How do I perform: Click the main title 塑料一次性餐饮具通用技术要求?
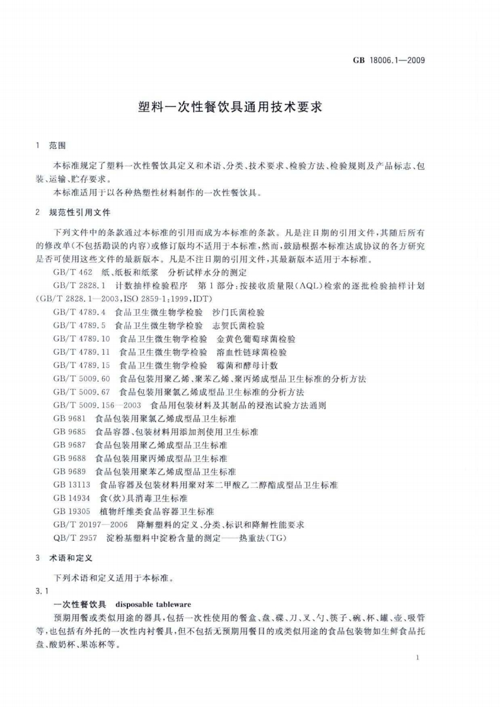pyautogui.click(x=231, y=107)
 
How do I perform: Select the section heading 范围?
pyautogui.click(x=57, y=146)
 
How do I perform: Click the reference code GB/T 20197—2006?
pyautogui.click(x=90, y=524)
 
